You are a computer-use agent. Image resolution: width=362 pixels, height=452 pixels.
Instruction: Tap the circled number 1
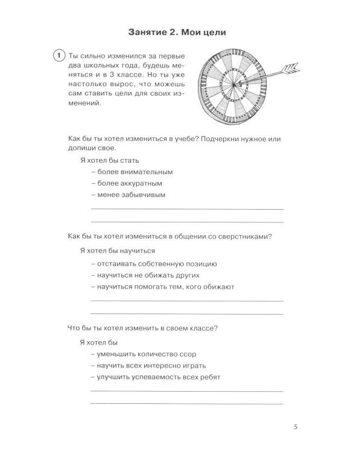click(x=59, y=56)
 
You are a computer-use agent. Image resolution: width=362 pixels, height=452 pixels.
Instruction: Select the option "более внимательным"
click(x=130, y=172)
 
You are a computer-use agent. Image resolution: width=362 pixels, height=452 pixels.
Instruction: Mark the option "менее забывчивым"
click(x=128, y=195)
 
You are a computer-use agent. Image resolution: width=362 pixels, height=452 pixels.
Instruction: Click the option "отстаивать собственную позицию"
click(x=153, y=264)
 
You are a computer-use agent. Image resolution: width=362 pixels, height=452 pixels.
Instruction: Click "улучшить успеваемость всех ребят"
click(x=155, y=377)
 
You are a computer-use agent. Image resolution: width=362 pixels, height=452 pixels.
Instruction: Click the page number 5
click(x=296, y=427)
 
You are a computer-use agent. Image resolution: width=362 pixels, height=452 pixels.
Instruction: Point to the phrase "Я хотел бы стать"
click(x=109, y=160)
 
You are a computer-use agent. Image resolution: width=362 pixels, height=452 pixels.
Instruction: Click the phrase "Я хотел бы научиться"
click(x=117, y=251)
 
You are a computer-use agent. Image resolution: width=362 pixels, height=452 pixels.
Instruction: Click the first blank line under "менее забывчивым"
click(x=186, y=209)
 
